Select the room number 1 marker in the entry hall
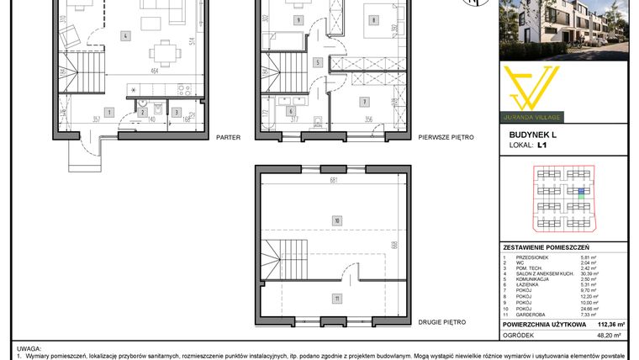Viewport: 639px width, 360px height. [108, 112]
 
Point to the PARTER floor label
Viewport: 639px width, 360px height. [229, 136]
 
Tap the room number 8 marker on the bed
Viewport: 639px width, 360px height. [372, 19]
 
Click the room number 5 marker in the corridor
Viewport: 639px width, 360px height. [317, 62]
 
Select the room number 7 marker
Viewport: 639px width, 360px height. [363, 103]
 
